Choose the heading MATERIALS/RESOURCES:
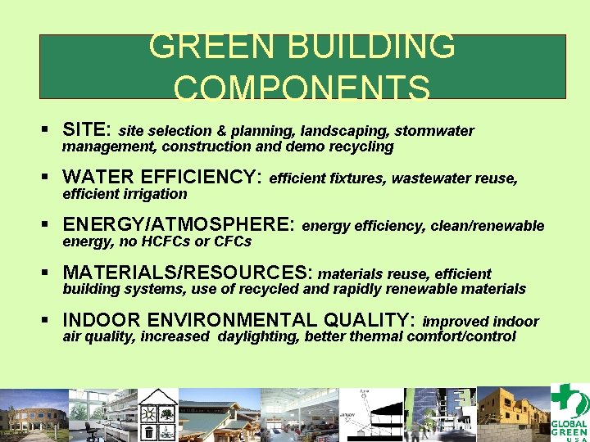tap(188, 273)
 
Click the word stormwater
tap(434, 131)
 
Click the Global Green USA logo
tap(569, 414)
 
